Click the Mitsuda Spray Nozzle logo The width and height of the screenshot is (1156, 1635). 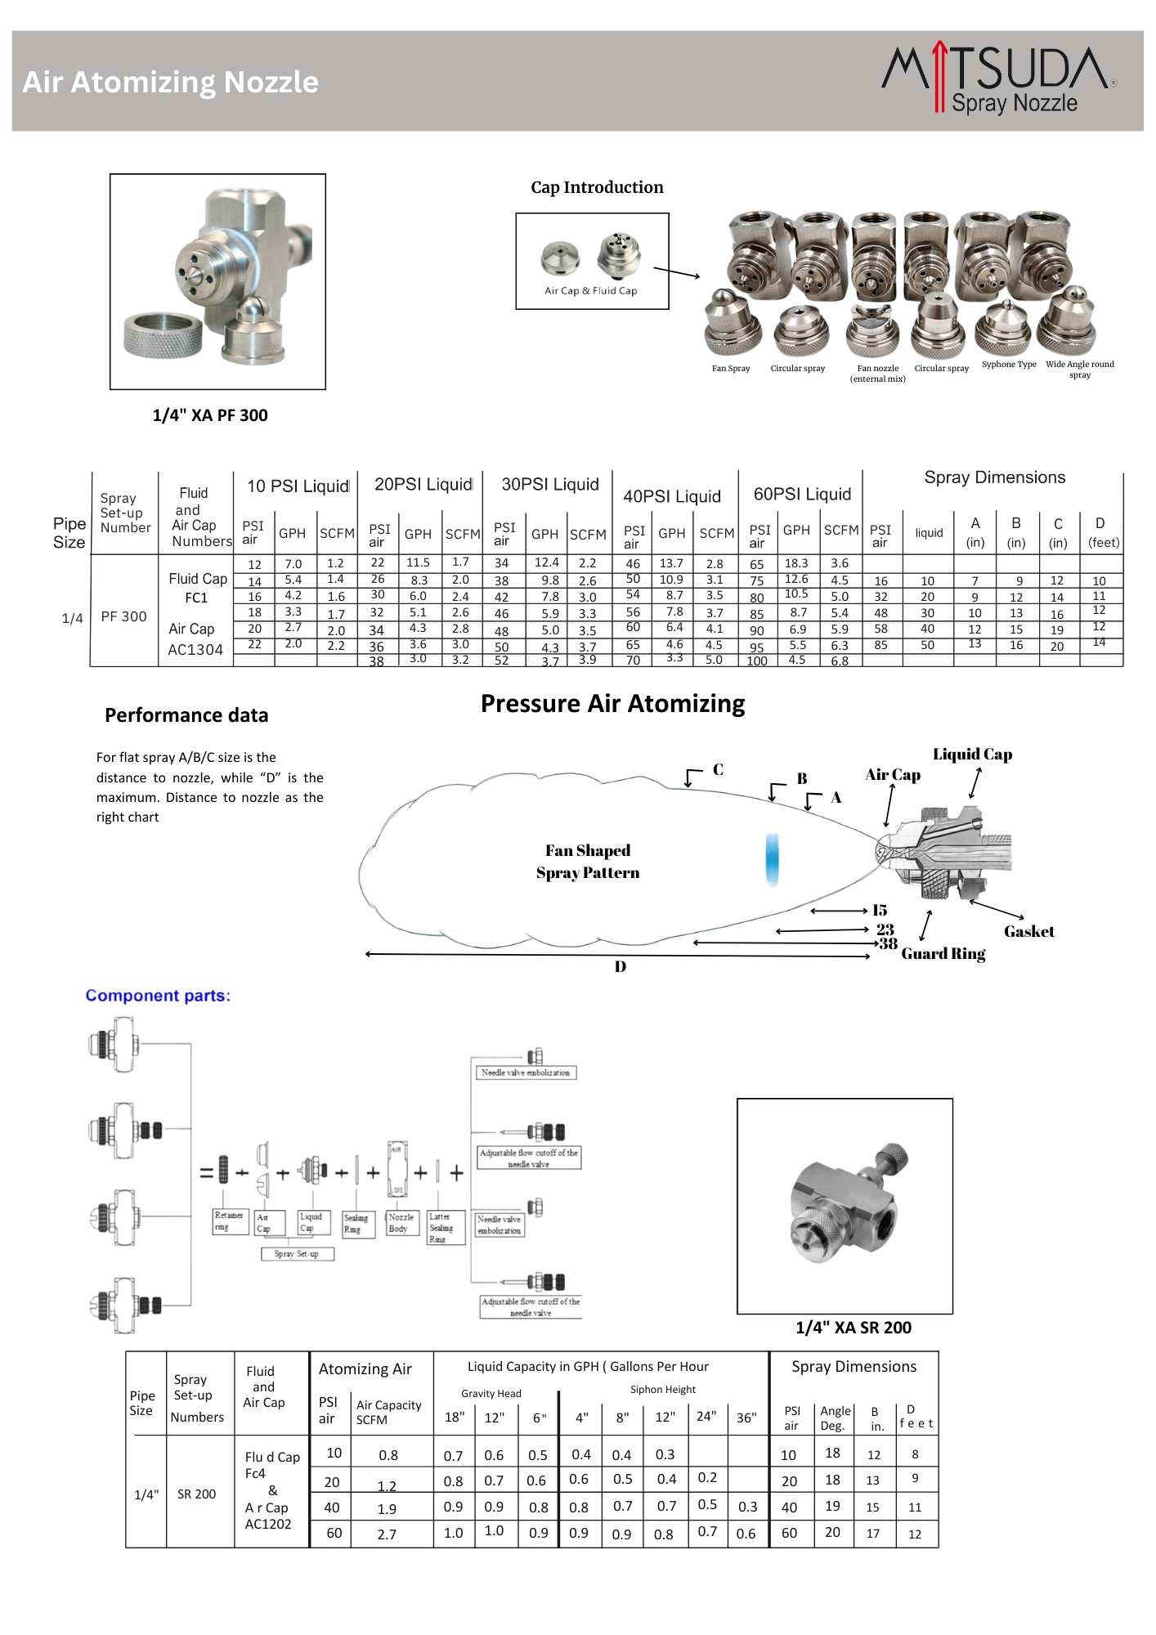click(x=999, y=79)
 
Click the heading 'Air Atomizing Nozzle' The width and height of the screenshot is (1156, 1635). click(x=170, y=82)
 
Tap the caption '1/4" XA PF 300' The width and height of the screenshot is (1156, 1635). click(x=210, y=415)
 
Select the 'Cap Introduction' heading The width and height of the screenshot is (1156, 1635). click(x=597, y=187)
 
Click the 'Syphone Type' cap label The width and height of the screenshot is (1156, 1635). click(x=1009, y=365)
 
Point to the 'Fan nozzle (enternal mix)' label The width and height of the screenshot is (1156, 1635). click(x=877, y=374)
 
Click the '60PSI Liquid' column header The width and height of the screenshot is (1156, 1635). click(x=802, y=494)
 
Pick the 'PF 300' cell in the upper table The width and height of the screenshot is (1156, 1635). click(x=123, y=616)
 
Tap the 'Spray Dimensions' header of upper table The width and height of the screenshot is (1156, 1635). click(x=994, y=477)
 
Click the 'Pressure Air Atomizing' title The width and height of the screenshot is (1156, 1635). click(x=612, y=704)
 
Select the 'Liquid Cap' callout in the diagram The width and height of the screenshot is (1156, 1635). click(x=972, y=755)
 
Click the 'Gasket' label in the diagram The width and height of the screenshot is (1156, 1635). click(x=1028, y=931)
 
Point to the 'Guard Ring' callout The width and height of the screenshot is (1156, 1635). click(x=943, y=954)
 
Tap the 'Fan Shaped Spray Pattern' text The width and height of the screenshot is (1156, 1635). click(x=588, y=862)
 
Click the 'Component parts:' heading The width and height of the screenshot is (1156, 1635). click(x=158, y=996)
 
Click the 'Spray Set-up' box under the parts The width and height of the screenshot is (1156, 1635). click(x=297, y=1254)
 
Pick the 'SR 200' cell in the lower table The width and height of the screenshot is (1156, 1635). click(x=196, y=1494)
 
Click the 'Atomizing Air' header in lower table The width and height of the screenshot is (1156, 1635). click(x=365, y=1369)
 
